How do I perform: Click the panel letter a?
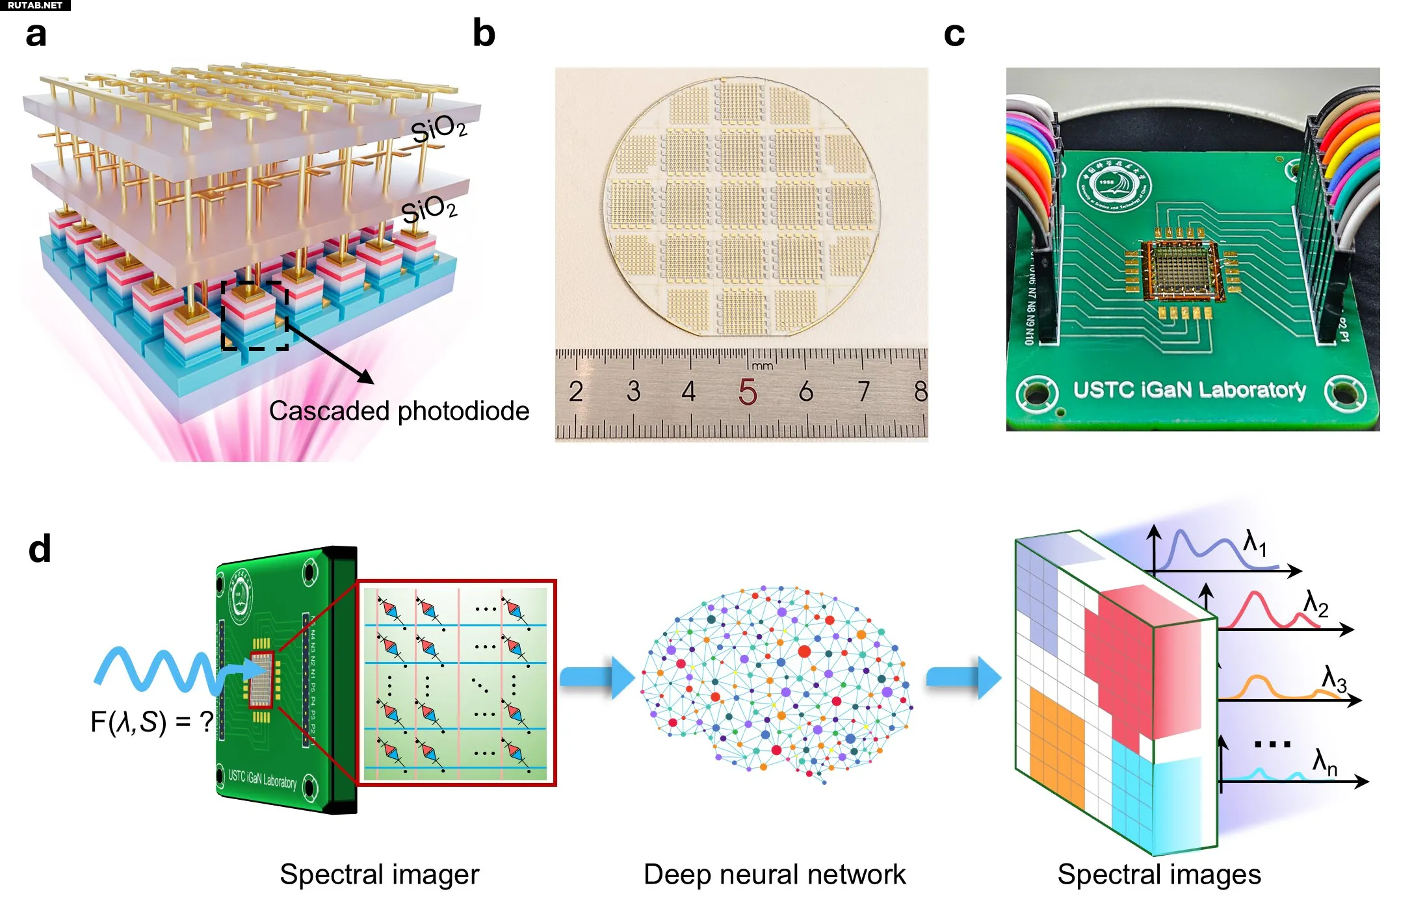click(36, 34)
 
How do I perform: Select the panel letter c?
click(954, 34)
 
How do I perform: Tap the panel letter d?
click(40, 549)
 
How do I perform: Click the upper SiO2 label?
click(439, 128)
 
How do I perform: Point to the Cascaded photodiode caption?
click(399, 411)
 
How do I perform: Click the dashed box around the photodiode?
click(255, 316)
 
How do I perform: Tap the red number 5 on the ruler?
click(748, 391)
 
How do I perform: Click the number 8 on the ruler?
click(920, 391)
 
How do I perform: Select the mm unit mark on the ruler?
click(762, 366)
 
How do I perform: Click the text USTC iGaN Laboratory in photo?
click(1189, 390)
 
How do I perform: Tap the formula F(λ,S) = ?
click(152, 721)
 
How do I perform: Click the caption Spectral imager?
click(380, 875)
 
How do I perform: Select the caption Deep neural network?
click(774, 875)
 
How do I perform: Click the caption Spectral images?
click(1159, 875)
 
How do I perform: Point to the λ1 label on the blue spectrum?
click(1255, 543)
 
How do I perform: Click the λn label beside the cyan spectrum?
click(1325, 762)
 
